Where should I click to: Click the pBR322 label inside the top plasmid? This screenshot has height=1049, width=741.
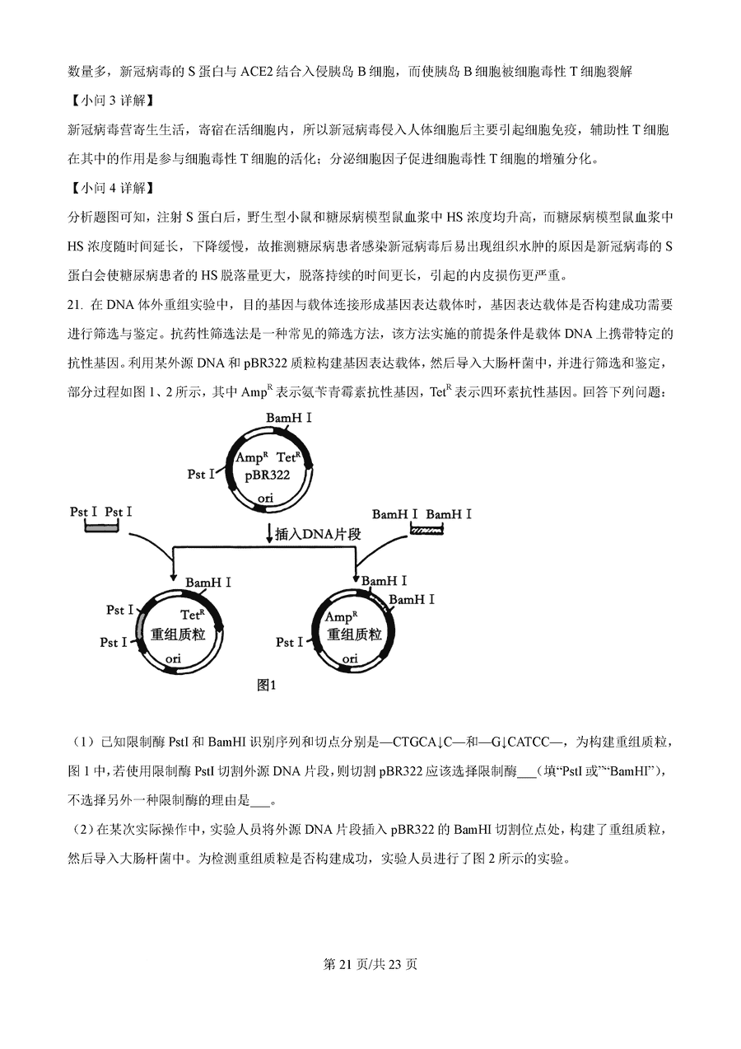coord(267,475)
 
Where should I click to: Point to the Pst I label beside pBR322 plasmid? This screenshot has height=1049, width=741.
coord(201,474)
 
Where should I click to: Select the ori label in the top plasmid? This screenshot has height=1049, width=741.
coord(265,498)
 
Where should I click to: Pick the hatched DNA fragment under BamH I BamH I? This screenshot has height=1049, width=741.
coord(426,531)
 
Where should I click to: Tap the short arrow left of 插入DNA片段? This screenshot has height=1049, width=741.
coord(269,534)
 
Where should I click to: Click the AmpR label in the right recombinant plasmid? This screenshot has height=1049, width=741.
coord(341,616)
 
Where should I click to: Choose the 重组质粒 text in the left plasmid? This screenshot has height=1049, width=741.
coord(178,635)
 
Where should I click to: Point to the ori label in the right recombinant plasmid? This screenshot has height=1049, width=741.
coord(350,658)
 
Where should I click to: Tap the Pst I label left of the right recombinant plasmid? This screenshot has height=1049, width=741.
coord(290,642)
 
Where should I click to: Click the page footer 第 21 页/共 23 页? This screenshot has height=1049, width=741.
coord(370,964)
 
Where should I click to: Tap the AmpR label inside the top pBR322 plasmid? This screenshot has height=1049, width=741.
coord(251,457)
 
